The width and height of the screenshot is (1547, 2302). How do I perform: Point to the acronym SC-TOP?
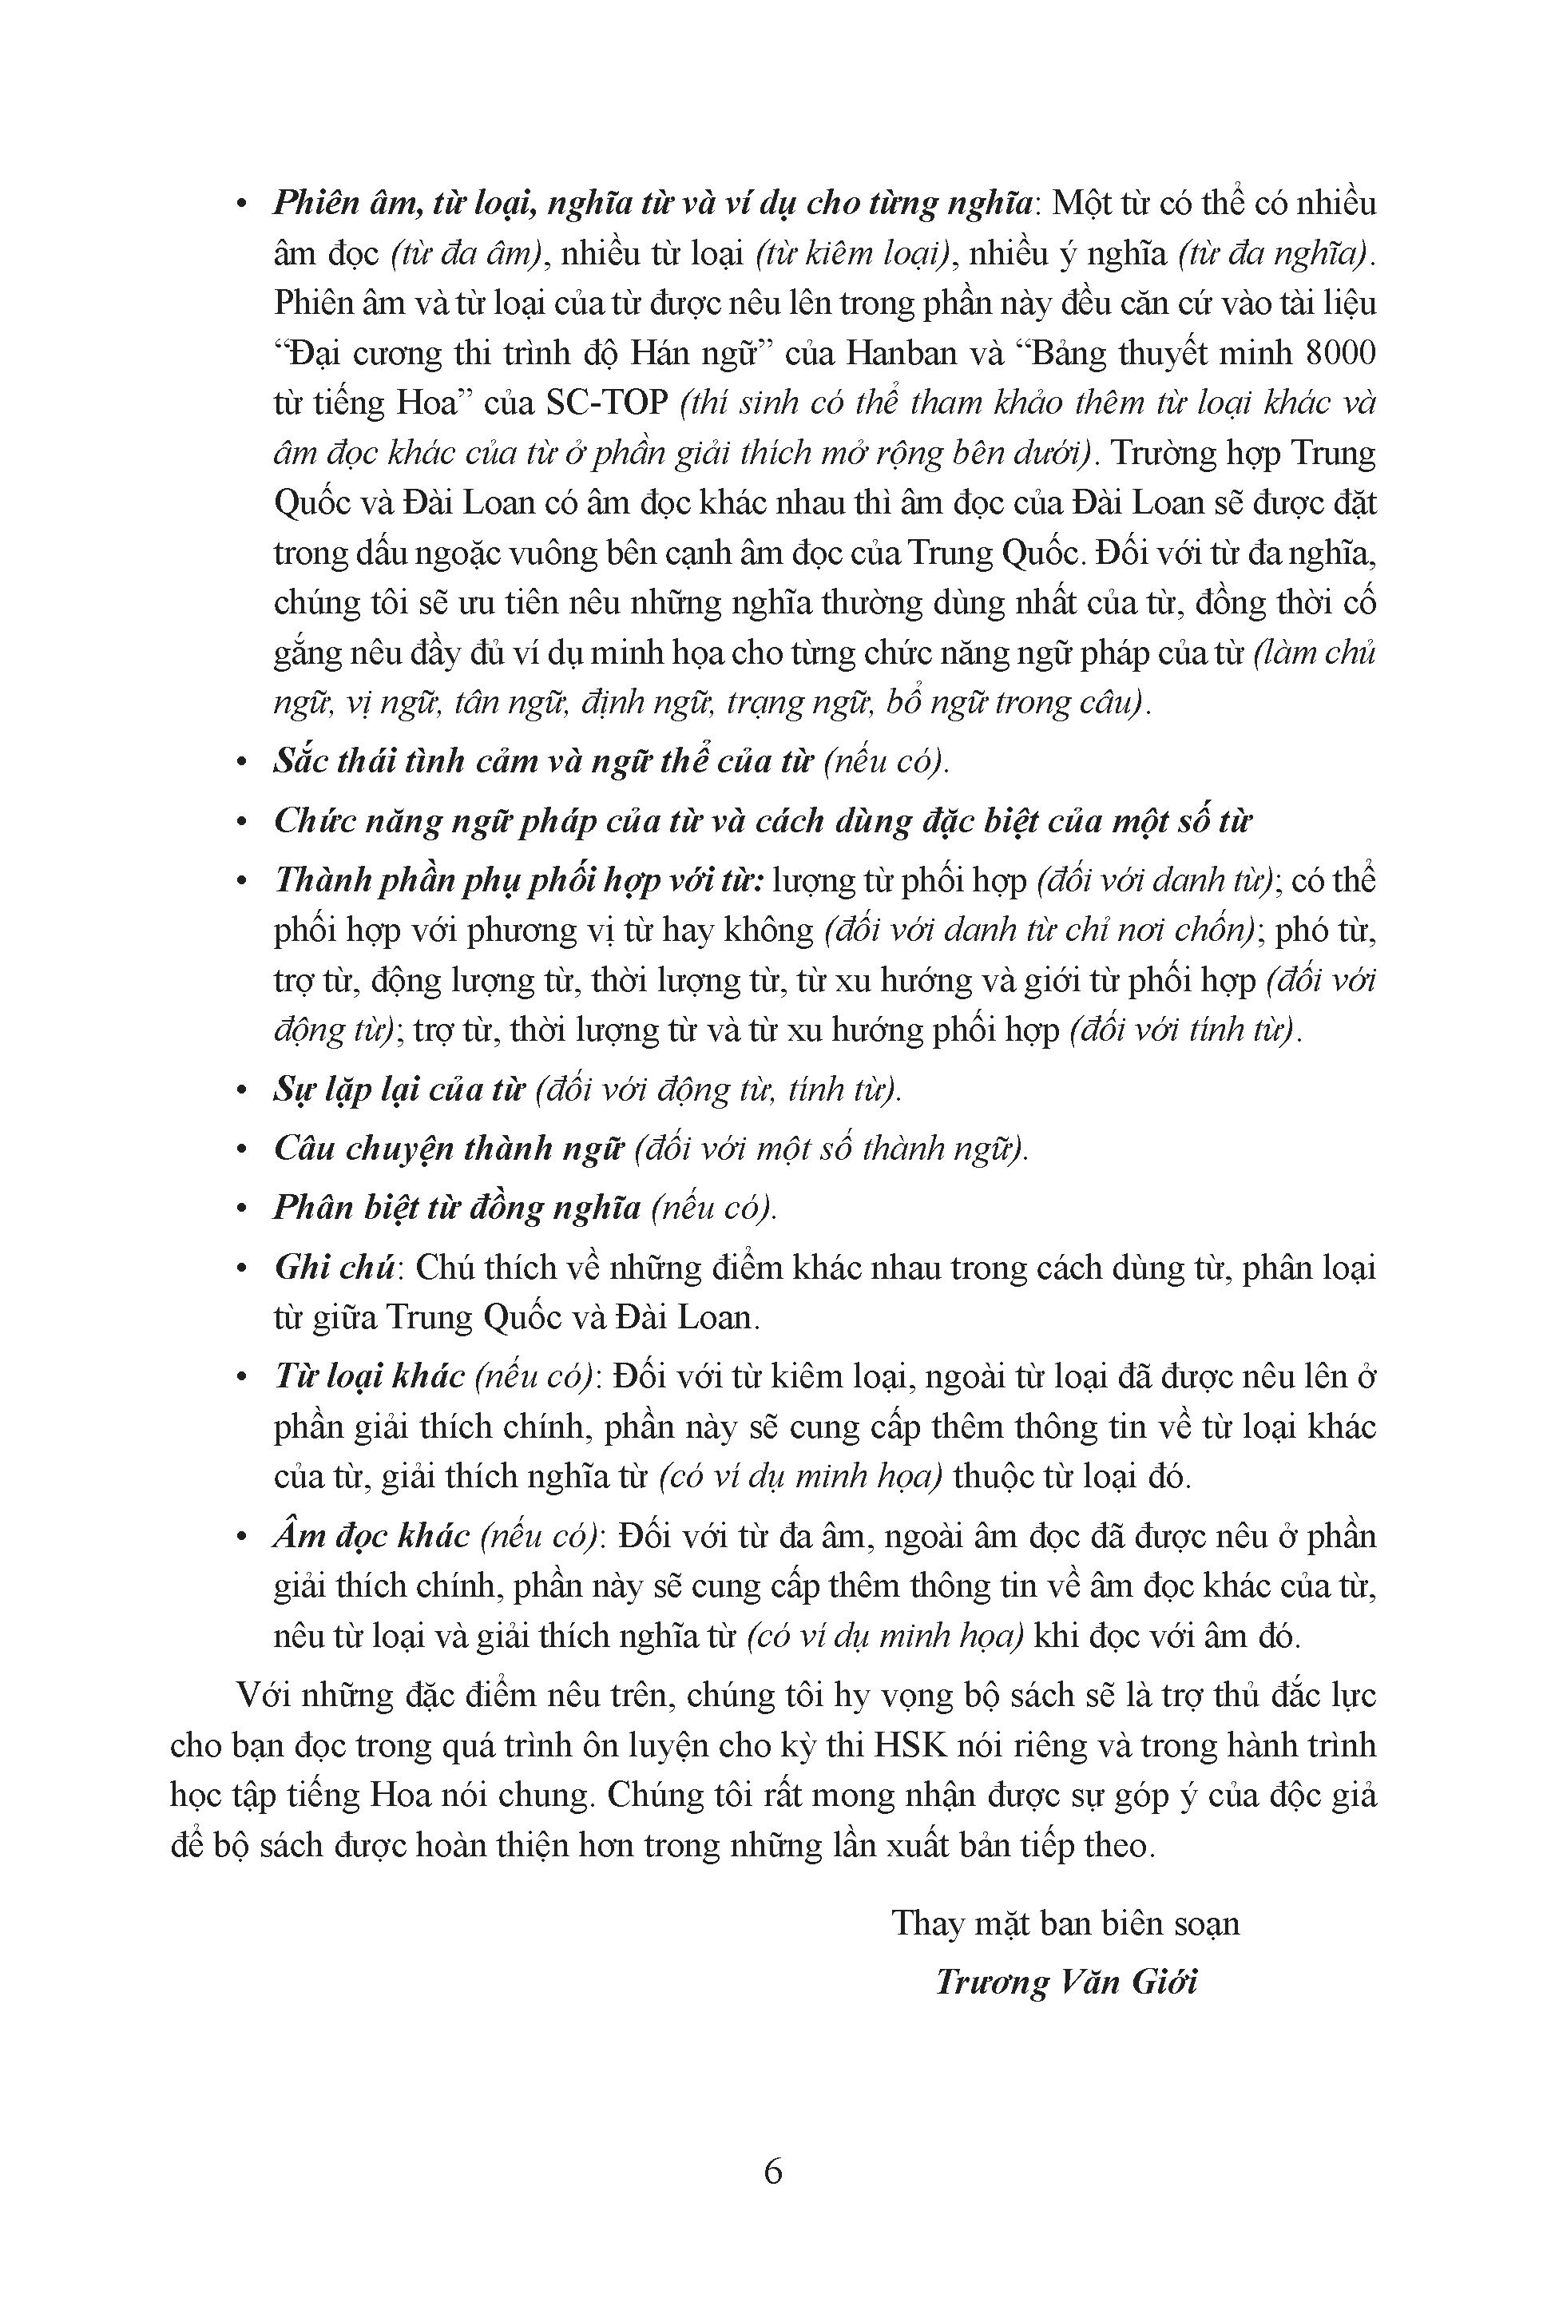pyautogui.click(x=605, y=403)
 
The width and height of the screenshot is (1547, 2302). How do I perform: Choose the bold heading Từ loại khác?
pyautogui.click(x=368, y=1376)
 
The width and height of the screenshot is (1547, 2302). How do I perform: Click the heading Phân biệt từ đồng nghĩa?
pyautogui.click(x=457, y=1208)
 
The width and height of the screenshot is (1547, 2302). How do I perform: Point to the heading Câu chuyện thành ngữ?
pyautogui.click(x=449, y=1149)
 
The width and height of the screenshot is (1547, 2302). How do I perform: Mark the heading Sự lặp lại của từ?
pyautogui.click(x=398, y=1089)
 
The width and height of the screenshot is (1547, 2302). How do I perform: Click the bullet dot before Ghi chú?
pyautogui.click(x=243, y=1270)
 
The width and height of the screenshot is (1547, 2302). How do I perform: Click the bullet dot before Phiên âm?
pyautogui.click(x=243, y=205)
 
